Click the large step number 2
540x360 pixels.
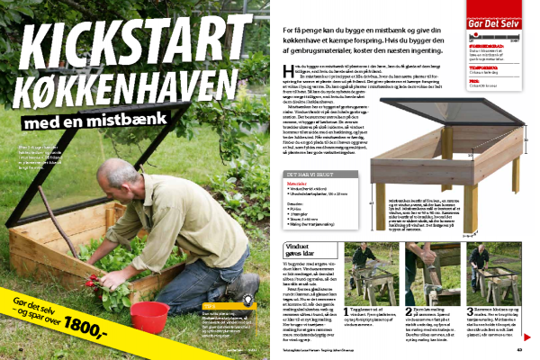coord(409,308)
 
